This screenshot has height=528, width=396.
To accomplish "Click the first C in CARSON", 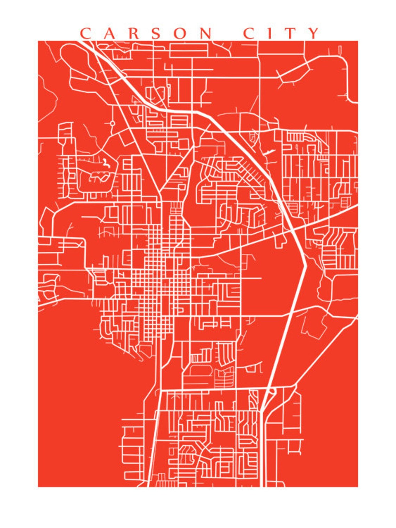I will coord(85,33).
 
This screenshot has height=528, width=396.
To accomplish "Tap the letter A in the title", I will coord(109,33).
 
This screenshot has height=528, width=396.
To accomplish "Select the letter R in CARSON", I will coord(133,33).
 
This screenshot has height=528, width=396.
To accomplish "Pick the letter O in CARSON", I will coord(181,33).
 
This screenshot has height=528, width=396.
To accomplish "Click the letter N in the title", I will coord(206,33).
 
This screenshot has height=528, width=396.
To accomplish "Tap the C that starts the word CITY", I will coord(249,33).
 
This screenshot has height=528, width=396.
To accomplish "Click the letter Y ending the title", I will coord(313,33).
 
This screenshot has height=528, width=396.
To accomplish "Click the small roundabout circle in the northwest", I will coord(112,123).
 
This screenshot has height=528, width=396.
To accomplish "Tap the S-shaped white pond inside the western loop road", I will coord(105,163).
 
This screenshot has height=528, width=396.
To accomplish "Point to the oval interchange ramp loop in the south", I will coord(272,391).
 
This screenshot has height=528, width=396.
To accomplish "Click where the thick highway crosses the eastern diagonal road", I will coord(292,230).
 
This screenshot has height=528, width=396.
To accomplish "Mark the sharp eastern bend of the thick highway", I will coord(305,267).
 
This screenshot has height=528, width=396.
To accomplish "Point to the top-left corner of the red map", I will coord(38,41).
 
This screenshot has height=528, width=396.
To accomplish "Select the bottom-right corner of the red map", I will coord(357,487).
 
